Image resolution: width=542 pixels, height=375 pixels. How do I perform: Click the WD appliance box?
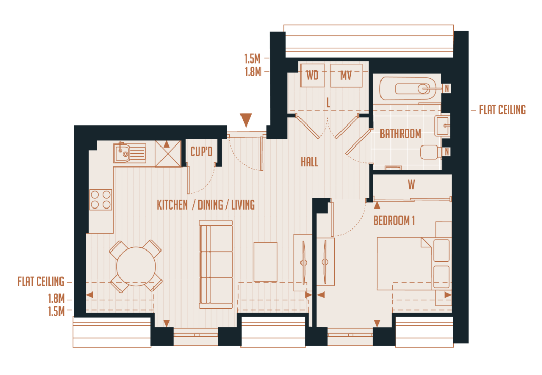(312, 75)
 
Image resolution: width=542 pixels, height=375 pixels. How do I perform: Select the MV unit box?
(346, 75)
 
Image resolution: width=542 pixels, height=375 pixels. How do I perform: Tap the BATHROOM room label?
(400, 134)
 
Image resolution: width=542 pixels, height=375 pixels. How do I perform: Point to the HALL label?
(309, 162)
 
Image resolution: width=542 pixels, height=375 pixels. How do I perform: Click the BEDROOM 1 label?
(394, 221)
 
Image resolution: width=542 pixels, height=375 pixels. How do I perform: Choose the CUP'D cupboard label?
(201, 152)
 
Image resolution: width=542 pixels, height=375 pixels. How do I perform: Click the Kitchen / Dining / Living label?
(206, 205)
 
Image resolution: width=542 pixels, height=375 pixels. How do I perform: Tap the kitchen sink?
(130, 152)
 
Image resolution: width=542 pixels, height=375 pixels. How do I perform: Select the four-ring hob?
(101, 199)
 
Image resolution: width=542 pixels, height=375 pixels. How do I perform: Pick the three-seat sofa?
(216, 264)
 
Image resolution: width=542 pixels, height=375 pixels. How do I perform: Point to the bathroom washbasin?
(442, 124)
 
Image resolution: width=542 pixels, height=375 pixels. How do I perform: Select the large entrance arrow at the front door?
(246, 120)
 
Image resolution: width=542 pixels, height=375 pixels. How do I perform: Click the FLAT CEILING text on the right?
(502, 110)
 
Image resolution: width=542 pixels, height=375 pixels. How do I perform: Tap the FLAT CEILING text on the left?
(41, 281)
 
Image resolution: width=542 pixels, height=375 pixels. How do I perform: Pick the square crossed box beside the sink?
(168, 153)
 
